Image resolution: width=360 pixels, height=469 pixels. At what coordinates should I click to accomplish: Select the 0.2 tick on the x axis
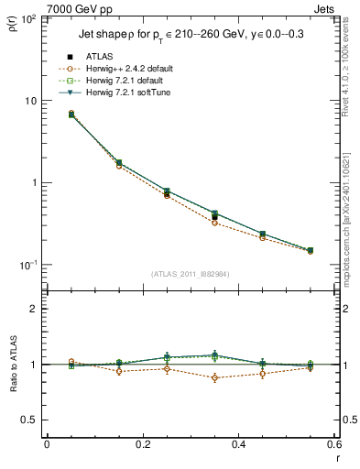point(142,444)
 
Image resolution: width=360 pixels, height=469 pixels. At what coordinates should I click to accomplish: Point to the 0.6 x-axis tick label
point(333,444)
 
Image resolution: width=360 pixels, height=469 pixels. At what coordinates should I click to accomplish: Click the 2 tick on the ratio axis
point(34,309)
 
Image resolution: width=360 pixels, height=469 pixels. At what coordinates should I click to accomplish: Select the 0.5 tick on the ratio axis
point(30,420)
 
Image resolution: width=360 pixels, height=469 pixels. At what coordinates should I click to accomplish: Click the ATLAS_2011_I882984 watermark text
point(190,274)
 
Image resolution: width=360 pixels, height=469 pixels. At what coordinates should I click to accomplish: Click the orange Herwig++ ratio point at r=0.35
point(214,377)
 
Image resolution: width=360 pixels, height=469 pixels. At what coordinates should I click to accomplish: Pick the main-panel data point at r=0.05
point(71,115)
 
